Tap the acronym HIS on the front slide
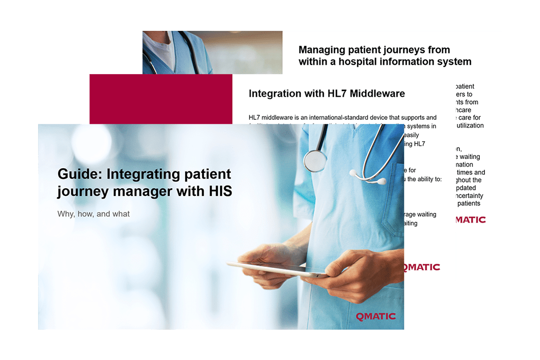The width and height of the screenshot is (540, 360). pos(220,191)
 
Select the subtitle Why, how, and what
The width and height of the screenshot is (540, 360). pos(94,213)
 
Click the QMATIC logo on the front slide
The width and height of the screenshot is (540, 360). pos(375,316)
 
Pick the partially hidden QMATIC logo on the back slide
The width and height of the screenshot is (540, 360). pos(471,220)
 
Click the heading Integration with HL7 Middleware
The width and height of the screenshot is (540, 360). pos(327,94)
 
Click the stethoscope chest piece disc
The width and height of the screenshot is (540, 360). pos(315,160)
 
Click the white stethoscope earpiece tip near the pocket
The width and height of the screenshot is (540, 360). pos(381,181)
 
